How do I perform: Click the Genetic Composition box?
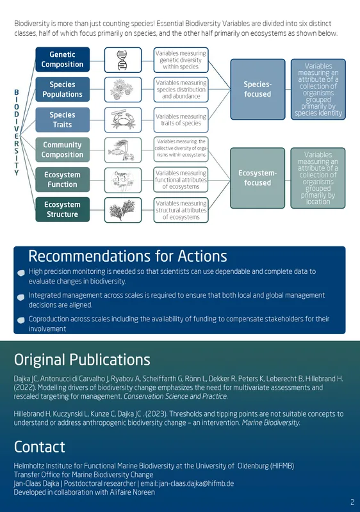tap(62, 60)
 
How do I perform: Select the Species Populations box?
tap(62, 90)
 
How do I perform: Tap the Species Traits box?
tap(62, 120)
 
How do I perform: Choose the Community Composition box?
tap(62, 150)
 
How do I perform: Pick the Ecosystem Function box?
tap(62, 180)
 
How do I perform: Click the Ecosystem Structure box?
tap(62, 210)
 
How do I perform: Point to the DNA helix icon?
tap(122, 60)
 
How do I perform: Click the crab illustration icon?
tap(123, 120)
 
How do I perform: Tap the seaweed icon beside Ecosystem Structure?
tap(122, 210)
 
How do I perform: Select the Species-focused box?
tap(258, 89)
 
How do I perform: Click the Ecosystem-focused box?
tap(258, 178)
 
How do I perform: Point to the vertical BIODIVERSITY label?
tap(16, 132)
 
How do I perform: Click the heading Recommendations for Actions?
tap(127, 256)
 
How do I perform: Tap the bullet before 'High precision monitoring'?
tap(21, 273)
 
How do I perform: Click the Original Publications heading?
tap(82, 360)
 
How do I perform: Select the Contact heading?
tap(40, 447)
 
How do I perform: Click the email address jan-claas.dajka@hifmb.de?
tap(196, 483)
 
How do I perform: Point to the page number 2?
tap(352, 502)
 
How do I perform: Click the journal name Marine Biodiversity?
tap(271, 422)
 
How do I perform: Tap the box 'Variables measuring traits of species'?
tap(181, 120)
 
